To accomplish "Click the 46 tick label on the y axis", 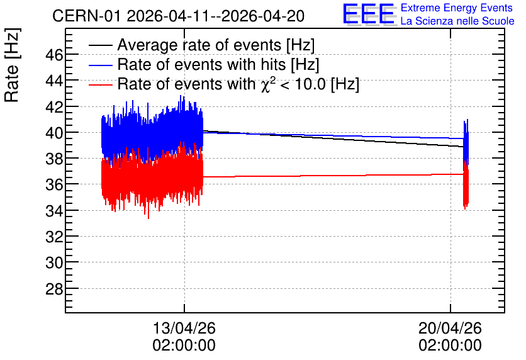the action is coord(54,55).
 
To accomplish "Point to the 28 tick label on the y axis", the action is coord(54,288).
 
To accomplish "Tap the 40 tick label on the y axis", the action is coord(54,133).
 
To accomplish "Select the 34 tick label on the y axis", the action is coord(54,211).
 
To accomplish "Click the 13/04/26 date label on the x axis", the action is coord(184,328).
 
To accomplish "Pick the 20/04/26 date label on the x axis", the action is coord(450,328).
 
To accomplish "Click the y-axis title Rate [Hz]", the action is coord(12,65).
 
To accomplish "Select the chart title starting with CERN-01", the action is coord(179,16).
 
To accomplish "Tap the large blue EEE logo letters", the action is coord(369,14).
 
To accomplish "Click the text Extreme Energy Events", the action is coord(457,8).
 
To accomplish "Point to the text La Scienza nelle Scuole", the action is coord(457,21).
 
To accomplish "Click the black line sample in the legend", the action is coord(101,45).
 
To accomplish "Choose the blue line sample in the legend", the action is coord(101,65).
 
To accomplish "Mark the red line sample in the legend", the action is coord(101,85).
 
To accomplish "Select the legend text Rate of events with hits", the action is coord(201,64).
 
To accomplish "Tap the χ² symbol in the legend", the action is coord(266,84).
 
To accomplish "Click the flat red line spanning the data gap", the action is coord(333,176).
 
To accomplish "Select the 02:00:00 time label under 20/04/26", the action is coord(450,345).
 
